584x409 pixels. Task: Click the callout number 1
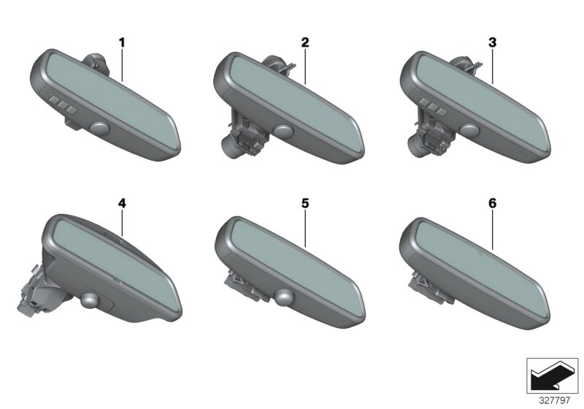122,43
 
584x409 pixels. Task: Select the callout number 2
305,43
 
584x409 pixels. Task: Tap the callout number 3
492,43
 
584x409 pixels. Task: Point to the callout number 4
122,203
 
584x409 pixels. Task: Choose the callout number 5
305,203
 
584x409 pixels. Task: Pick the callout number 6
492,203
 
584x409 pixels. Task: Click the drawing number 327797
555,400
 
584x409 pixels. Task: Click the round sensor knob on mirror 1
100,129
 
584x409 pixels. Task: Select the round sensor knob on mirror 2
284,131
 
